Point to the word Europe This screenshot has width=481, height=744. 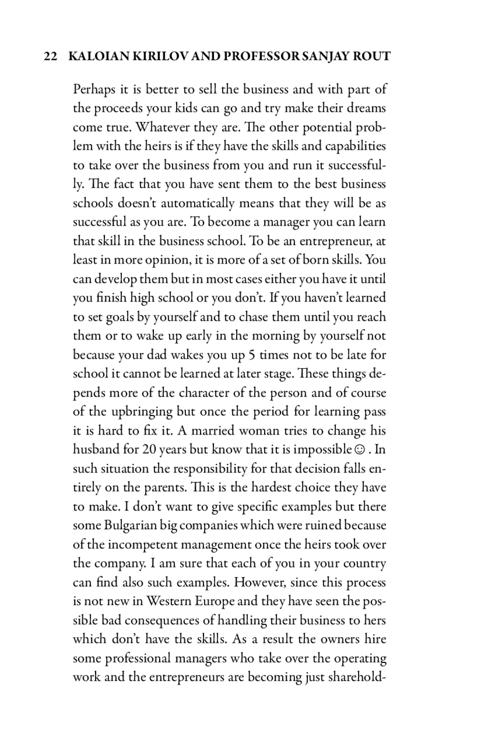pos(215,601)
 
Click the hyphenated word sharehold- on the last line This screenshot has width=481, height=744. pos(357,677)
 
